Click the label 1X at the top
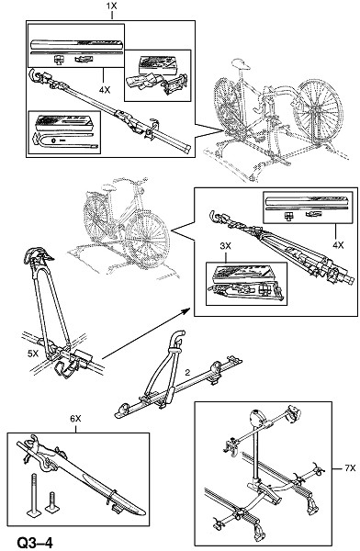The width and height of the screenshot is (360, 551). tap(111, 6)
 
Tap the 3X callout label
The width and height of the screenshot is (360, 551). tap(225, 246)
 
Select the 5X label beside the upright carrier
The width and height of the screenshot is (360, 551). tap(33, 354)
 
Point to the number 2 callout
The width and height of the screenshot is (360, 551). tap(187, 373)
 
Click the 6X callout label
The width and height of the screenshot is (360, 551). tap(75, 419)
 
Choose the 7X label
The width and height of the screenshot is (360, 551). tap(350, 468)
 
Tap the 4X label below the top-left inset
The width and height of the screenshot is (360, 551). tap(105, 90)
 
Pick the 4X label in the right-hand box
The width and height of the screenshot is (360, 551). tap(338, 245)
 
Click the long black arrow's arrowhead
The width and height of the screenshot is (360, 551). tap(186, 310)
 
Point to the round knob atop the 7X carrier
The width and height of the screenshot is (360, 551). tap(257, 419)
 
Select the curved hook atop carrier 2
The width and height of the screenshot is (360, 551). tap(178, 338)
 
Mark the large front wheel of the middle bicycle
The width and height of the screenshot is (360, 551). tap(148, 240)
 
